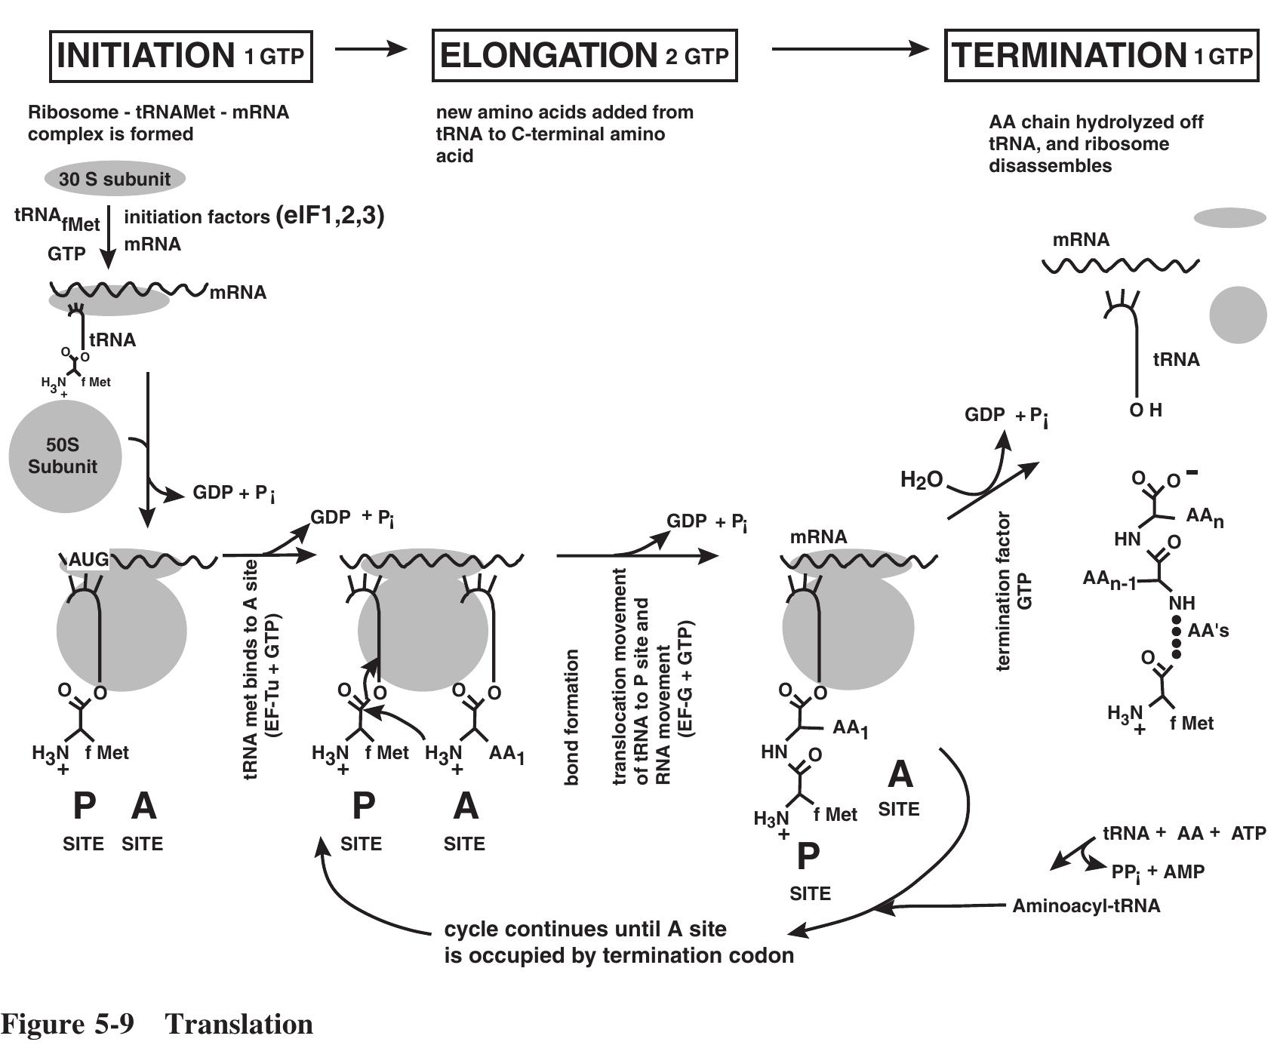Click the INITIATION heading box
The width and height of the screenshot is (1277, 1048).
pyautogui.click(x=180, y=56)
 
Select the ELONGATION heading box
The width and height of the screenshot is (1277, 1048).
pyautogui.click(x=584, y=56)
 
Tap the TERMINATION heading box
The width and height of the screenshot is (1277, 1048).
pyautogui.click(x=1101, y=56)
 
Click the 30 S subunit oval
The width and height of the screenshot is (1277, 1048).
pyautogui.click(x=115, y=179)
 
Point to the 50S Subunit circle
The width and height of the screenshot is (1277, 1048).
pyautogui.click(x=64, y=456)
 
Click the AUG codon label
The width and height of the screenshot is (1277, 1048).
pyautogui.click(x=88, y=560)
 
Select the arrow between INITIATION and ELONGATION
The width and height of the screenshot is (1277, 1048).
pyautogui.click(x=371, y=49)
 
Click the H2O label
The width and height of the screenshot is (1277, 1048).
pyautogui.click(x=921, y=479)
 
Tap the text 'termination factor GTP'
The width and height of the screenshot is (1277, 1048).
pyautogui.click(x=1013, y=592)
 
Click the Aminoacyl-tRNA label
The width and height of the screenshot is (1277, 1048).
pyautogui.click(x=1085, y=905)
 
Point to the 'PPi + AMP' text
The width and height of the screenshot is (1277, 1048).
pyautogui.click(x=1158, y=872)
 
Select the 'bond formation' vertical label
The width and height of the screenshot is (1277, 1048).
pyautogui.click(x=572, y=717)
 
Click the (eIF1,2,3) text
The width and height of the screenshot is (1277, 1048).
pyautogui.click(x=331, y=216)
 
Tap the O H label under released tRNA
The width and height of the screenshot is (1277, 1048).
pyautogui.click(x=1145, y=410)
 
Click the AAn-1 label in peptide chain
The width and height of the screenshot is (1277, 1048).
pyautogui.click(x=1109, y=580)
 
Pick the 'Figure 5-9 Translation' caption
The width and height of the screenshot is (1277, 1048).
pyautogui.click(x=157, y=1025)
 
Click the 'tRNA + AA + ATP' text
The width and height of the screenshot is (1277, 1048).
pyautogui.click(x=1183, y=833)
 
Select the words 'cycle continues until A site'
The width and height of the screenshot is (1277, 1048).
pyautogui.click(x=585, y=929)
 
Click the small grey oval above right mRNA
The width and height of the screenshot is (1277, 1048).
pyautogui.click(x=1229, y=218)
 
